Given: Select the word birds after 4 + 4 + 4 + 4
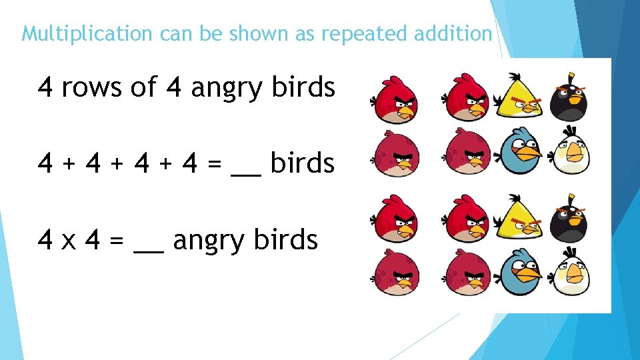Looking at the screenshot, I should [x=303, y=163].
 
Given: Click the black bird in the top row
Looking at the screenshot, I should [x=569, y=99].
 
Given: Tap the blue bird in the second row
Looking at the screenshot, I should [x=521, y=152].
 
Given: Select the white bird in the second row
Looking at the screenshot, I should [x=571, y=153].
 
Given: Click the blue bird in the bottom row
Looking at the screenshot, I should [x=521, y=272].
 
